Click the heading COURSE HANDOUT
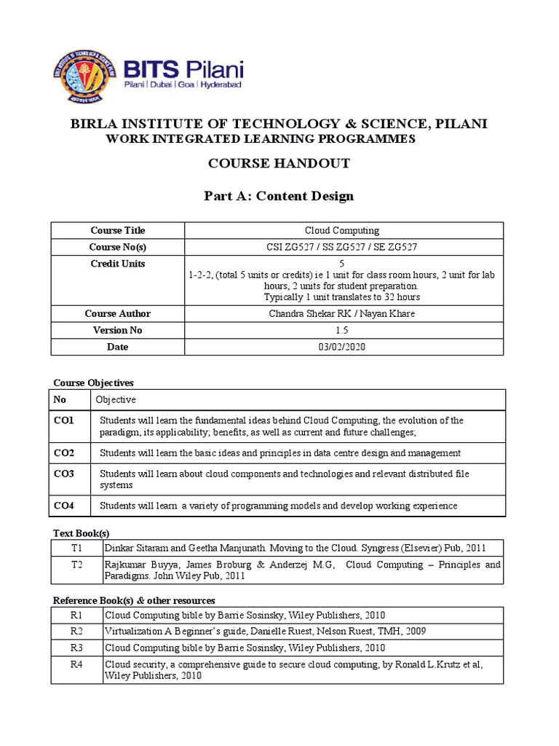coord(279,163)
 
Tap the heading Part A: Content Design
coord(279,196)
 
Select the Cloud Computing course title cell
coord(341,231)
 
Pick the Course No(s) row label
coord(117,247)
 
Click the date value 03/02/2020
coord(341,347)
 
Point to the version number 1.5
coord(341,330)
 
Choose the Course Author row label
coord(117,313)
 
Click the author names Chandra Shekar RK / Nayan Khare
coord(341,313)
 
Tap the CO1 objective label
coord(64,420)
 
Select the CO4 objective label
coord(64,505)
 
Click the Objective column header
coord(117,400)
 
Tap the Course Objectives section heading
coord(94,382)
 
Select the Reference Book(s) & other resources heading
coord(134,600)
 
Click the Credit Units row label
coord(117,264)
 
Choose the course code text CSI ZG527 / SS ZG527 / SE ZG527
coord(341,247)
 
